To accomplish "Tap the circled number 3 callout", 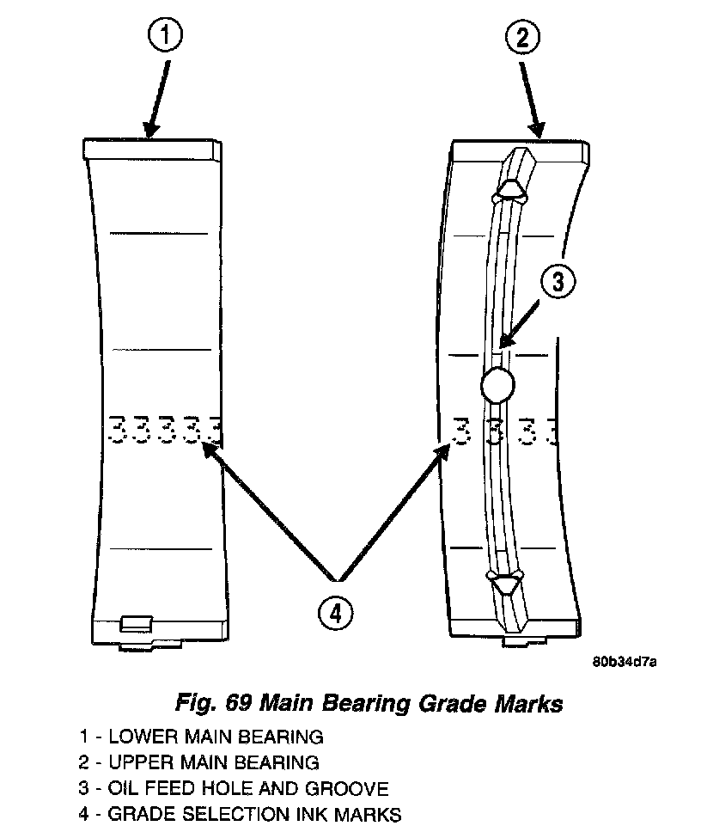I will coord(558,282).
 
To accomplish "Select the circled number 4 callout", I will coord(335,613).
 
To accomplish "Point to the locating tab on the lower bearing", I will coord(137,621).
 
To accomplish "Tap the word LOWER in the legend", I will coord(137,737).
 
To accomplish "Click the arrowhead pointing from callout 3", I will coord(504,343).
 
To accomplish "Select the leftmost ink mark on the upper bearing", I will coord(461,431).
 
